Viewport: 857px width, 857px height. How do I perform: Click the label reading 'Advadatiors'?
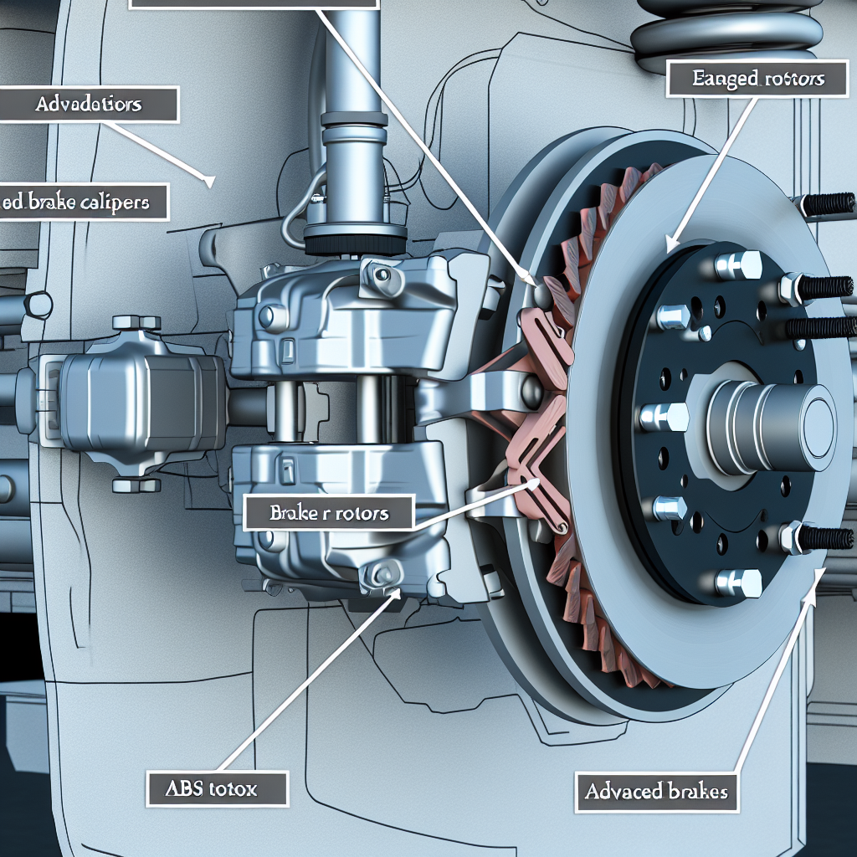tap(89, 105)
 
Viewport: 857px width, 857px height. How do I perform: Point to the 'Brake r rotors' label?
tap(329, 512)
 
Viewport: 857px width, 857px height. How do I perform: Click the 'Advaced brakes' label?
tap(657, 791)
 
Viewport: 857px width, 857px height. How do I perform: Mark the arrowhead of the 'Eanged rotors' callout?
tap(668, 249)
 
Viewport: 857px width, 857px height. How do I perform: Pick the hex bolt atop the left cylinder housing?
tap(136, 323)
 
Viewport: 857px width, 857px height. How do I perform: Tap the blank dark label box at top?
tap(251, 4)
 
